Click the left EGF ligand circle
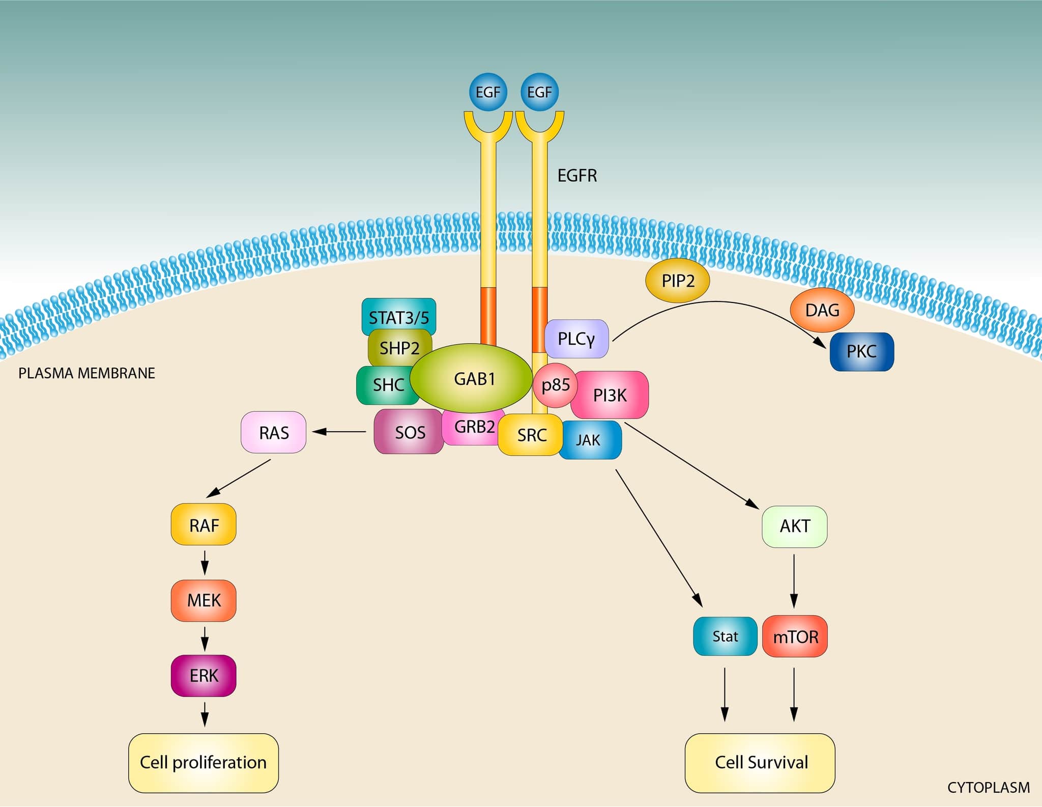coord(488,92)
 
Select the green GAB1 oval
coord(472,378)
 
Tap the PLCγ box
coord(576,339)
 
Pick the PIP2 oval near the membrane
coord(677,281)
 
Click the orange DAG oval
coord(822,310)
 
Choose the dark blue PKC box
coord(861,351)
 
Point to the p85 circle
coord(555,385)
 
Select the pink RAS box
coord(274,432)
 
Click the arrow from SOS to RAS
coord(339,432)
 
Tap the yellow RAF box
coord(204,525)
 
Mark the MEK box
coord(204,600)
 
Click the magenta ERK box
coord(204,676)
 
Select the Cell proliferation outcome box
coord(203,762)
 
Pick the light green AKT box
coord(794,526)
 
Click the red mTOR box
coord(795,636)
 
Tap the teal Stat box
coord(725,636)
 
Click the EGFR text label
coord(577,176)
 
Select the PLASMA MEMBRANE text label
coord(86,373)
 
